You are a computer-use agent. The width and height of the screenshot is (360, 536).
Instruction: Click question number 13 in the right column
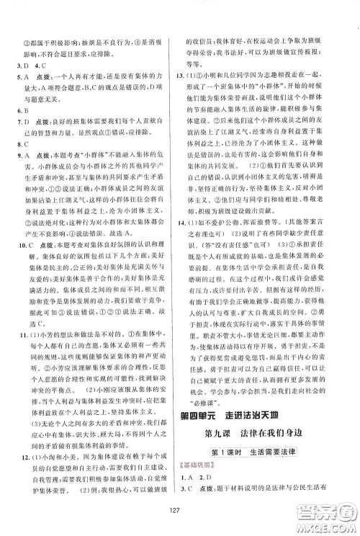click(x=189, y=76)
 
